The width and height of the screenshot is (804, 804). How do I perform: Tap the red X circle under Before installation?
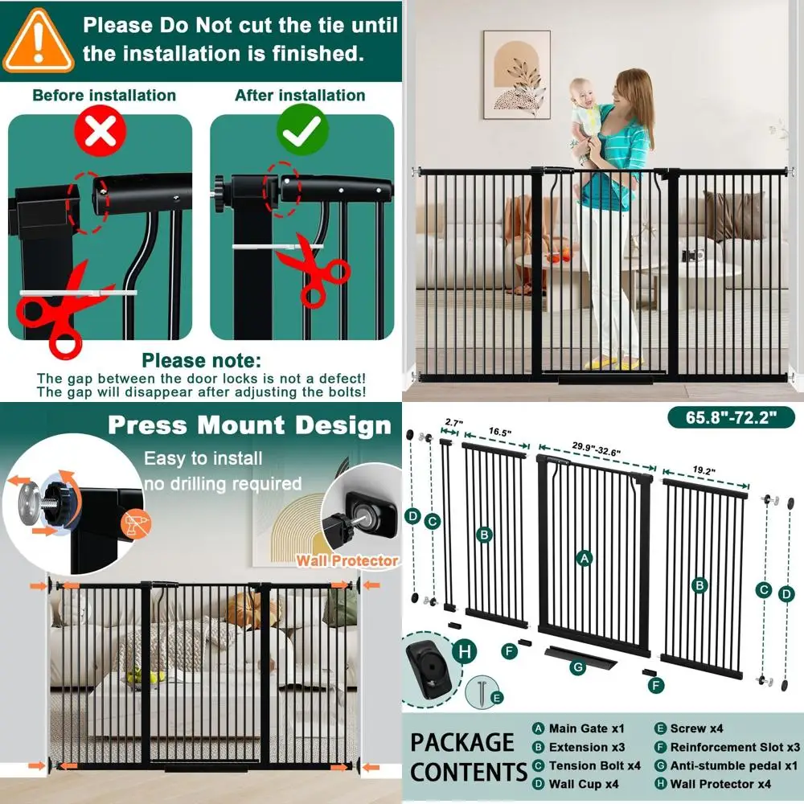pyautogui.click(x=100, y=131)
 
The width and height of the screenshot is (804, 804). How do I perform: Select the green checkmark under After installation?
pyautogui.click(x=301, y=131)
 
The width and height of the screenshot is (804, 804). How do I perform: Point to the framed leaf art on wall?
pyautogui.click(x=516, y=75)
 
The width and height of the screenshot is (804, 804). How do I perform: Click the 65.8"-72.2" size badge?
pyautogui.click(x=730, y=418)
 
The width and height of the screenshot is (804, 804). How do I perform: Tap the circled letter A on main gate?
pyautogui.click(x=585, y=557)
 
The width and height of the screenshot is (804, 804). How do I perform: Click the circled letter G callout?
pyautogui.click(x=576, y=667)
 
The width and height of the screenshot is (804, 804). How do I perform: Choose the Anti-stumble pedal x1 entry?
pyautogui.click(x=734, y=765)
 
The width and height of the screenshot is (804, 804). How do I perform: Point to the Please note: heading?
pyautogui.click(x=201, y=361)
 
